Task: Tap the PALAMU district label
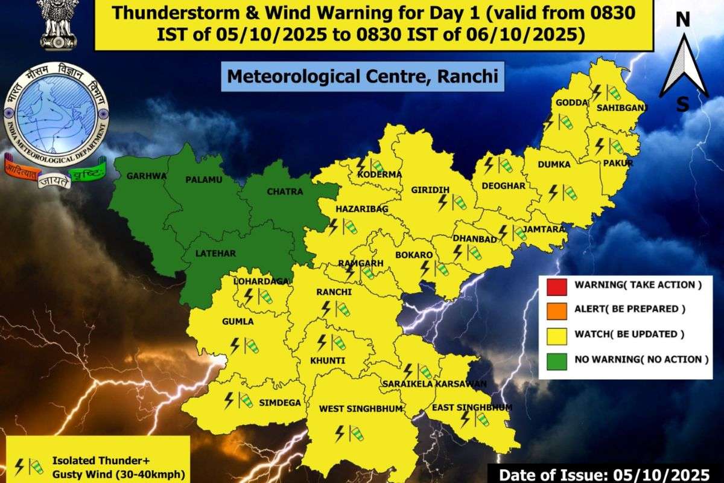tap(204, 180)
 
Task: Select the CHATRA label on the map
tap(284, 191)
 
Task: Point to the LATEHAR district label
tap(215, 253)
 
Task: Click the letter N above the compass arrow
tap(682, 20)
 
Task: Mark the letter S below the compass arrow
tap(682, 104)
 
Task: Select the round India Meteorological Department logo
tap(55, 114)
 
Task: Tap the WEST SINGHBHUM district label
tap(360, 409)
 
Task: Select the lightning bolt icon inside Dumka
tap(553, 192)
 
